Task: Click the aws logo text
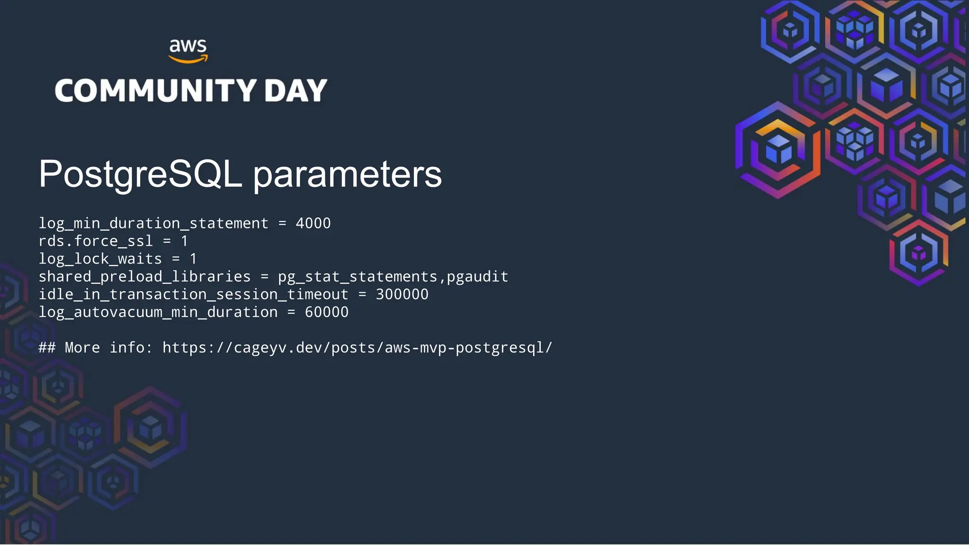click(x=188, y=46)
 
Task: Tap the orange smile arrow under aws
click(x=188, y=60)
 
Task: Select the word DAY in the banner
click(x=296, y=90)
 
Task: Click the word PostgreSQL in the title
click(x=141, y=174)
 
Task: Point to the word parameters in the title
click(x=347, y=174)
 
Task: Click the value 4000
click(x=313, y=223)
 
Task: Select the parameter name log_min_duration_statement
click(x=153, y=223)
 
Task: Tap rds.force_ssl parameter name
click(x=96, y=241)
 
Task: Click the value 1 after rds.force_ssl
click(x=185, y=241)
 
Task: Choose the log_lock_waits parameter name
click(x=100, y=259)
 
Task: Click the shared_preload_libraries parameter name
click(x=144, y=277)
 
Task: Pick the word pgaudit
click(x=477, y=277)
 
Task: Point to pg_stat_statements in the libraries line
click(x=358, y=277)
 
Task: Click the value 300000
click(x=402, y=294)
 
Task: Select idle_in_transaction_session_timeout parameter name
click(x=193, y=294)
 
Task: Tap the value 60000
click(x=326, y=312)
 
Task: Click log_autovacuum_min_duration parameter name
click(x=158, y=312)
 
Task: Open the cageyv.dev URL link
click(x=357, y=348)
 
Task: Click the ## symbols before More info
click(x=47, y=348)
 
